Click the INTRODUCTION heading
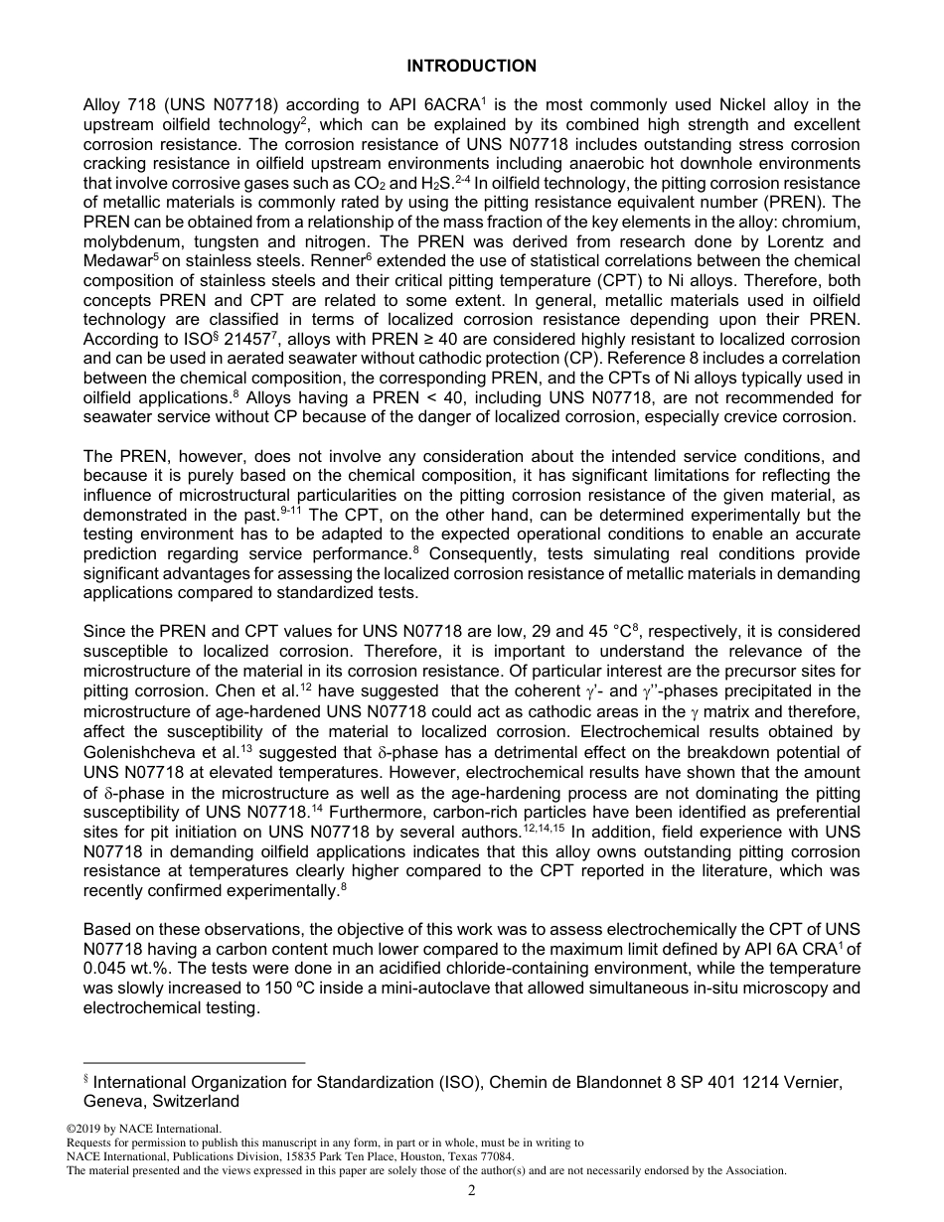point(472,67)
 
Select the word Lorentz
point(763,242)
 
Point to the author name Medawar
point(118,261)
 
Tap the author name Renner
point(265,261)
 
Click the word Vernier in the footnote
point(815,1083)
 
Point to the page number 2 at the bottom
point(472,1190)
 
